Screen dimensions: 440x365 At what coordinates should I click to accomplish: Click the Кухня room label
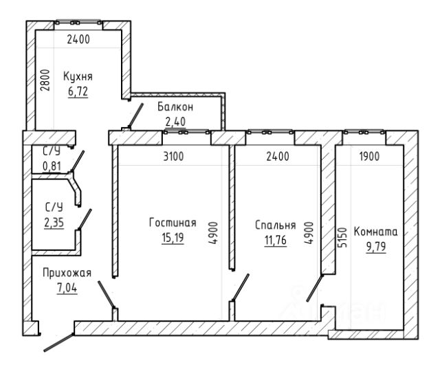(x=78, y=76)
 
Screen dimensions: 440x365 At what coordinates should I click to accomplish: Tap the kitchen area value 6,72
(x=78, y=91)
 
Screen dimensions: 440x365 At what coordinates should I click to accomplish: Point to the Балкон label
(x=175, y=107)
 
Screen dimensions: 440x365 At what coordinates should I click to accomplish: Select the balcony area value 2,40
(x=175, y=122)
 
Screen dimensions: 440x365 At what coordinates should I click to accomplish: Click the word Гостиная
(x=173, y=223)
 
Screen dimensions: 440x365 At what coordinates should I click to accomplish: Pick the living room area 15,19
(x=173, y=238)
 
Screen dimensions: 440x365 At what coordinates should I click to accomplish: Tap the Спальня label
(x=275, y=225)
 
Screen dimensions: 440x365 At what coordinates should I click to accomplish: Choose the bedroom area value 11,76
(x=275, y=240)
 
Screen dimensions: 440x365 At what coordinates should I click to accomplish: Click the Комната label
(x=375, y=232)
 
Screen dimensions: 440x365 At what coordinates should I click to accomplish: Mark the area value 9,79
(x=376, y=247)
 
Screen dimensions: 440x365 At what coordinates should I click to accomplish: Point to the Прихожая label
(x=67, y=273)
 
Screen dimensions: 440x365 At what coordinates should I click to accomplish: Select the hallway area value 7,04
(x=67, y=288)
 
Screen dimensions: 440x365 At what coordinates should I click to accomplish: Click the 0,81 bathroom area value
(x=52, y=166)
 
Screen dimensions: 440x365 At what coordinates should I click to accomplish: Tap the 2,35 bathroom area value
(x=54, y=223)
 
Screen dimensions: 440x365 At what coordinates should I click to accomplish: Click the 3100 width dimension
(x=173, y=156)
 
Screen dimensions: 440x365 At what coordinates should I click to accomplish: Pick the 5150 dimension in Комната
(x=342, y=237)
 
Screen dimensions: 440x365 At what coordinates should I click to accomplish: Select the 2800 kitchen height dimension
(x=45, y=80)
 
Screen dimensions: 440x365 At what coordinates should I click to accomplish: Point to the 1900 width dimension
(x=369, y=156)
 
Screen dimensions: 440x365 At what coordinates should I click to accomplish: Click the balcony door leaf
(x=136, y=115)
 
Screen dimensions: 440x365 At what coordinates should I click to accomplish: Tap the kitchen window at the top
(x=78, y=23)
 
